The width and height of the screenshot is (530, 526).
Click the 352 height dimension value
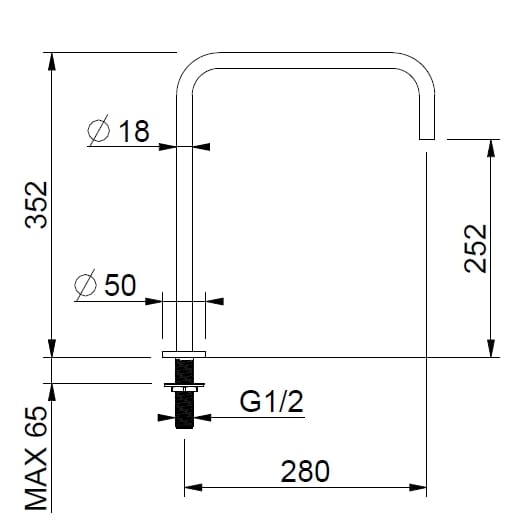pos(36,205)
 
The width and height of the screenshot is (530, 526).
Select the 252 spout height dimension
pos(475,247)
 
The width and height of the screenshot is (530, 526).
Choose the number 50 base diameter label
pos(119,285)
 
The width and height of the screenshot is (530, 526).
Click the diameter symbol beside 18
pos(99,132)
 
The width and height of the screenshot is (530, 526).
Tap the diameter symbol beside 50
pos(86,286)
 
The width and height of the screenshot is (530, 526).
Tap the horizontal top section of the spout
pos(305,59)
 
